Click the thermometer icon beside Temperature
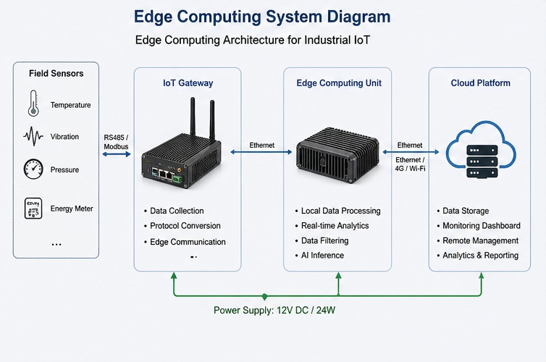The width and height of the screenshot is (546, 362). (x=33, y=103)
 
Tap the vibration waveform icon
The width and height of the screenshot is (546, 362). (x=33, y=136)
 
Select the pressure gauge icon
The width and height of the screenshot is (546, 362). (x=33, y=169)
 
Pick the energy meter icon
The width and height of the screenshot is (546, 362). (x=33, y=208)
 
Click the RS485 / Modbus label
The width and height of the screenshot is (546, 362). (x=116, y=141)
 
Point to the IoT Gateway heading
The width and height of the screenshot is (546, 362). (x=188, y=83)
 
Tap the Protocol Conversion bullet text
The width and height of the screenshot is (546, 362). (x=185, y=226)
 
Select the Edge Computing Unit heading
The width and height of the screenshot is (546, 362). (x=339, y=83)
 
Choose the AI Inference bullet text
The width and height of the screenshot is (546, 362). (x=322, y=256)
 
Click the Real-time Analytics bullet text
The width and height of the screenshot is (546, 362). (x=335, y=226)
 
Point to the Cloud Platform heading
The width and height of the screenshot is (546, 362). (x=480, y=83)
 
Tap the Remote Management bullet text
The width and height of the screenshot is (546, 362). (x=481, y=240)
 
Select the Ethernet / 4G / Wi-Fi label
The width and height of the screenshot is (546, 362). (x=410, y=164)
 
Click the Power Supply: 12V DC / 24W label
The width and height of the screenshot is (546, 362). (x=273, y=311)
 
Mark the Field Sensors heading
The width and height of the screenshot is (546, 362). (x=56, y=73)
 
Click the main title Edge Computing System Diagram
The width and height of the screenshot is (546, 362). (x=262, y=17)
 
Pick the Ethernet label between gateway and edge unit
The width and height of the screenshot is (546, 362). (x=261, y=145)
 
